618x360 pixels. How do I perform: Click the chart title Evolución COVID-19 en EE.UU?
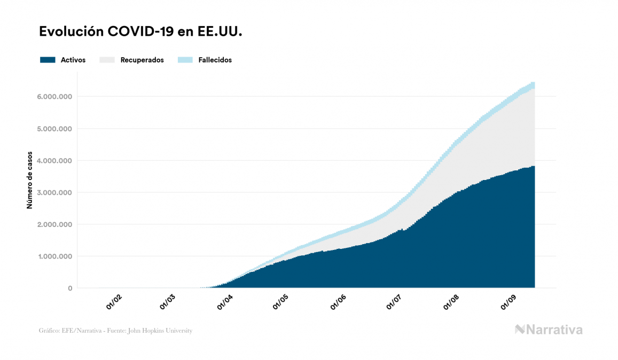point(141,32)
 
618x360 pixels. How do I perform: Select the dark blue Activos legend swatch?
point(48,60)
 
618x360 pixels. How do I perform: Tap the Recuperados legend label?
point(142,60)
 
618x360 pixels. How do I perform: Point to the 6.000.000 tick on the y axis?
point(54,97)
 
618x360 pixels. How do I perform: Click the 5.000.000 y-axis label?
point(54,129)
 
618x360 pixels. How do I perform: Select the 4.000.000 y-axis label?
point(54,161)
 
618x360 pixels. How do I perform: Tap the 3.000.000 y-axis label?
point(54,192)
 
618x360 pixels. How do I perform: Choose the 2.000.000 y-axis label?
point(54,224)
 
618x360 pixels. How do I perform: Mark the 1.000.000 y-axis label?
point(54,256)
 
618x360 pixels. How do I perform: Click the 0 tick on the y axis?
point(70,288)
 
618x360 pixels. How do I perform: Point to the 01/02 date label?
point(114,302)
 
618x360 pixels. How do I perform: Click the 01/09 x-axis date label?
point(507,302)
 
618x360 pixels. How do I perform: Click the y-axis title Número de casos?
point(30,181)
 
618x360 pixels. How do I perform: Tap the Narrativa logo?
point(549,330)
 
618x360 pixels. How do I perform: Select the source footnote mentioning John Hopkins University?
point(115,331)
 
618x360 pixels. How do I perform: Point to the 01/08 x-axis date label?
point(451,302)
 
